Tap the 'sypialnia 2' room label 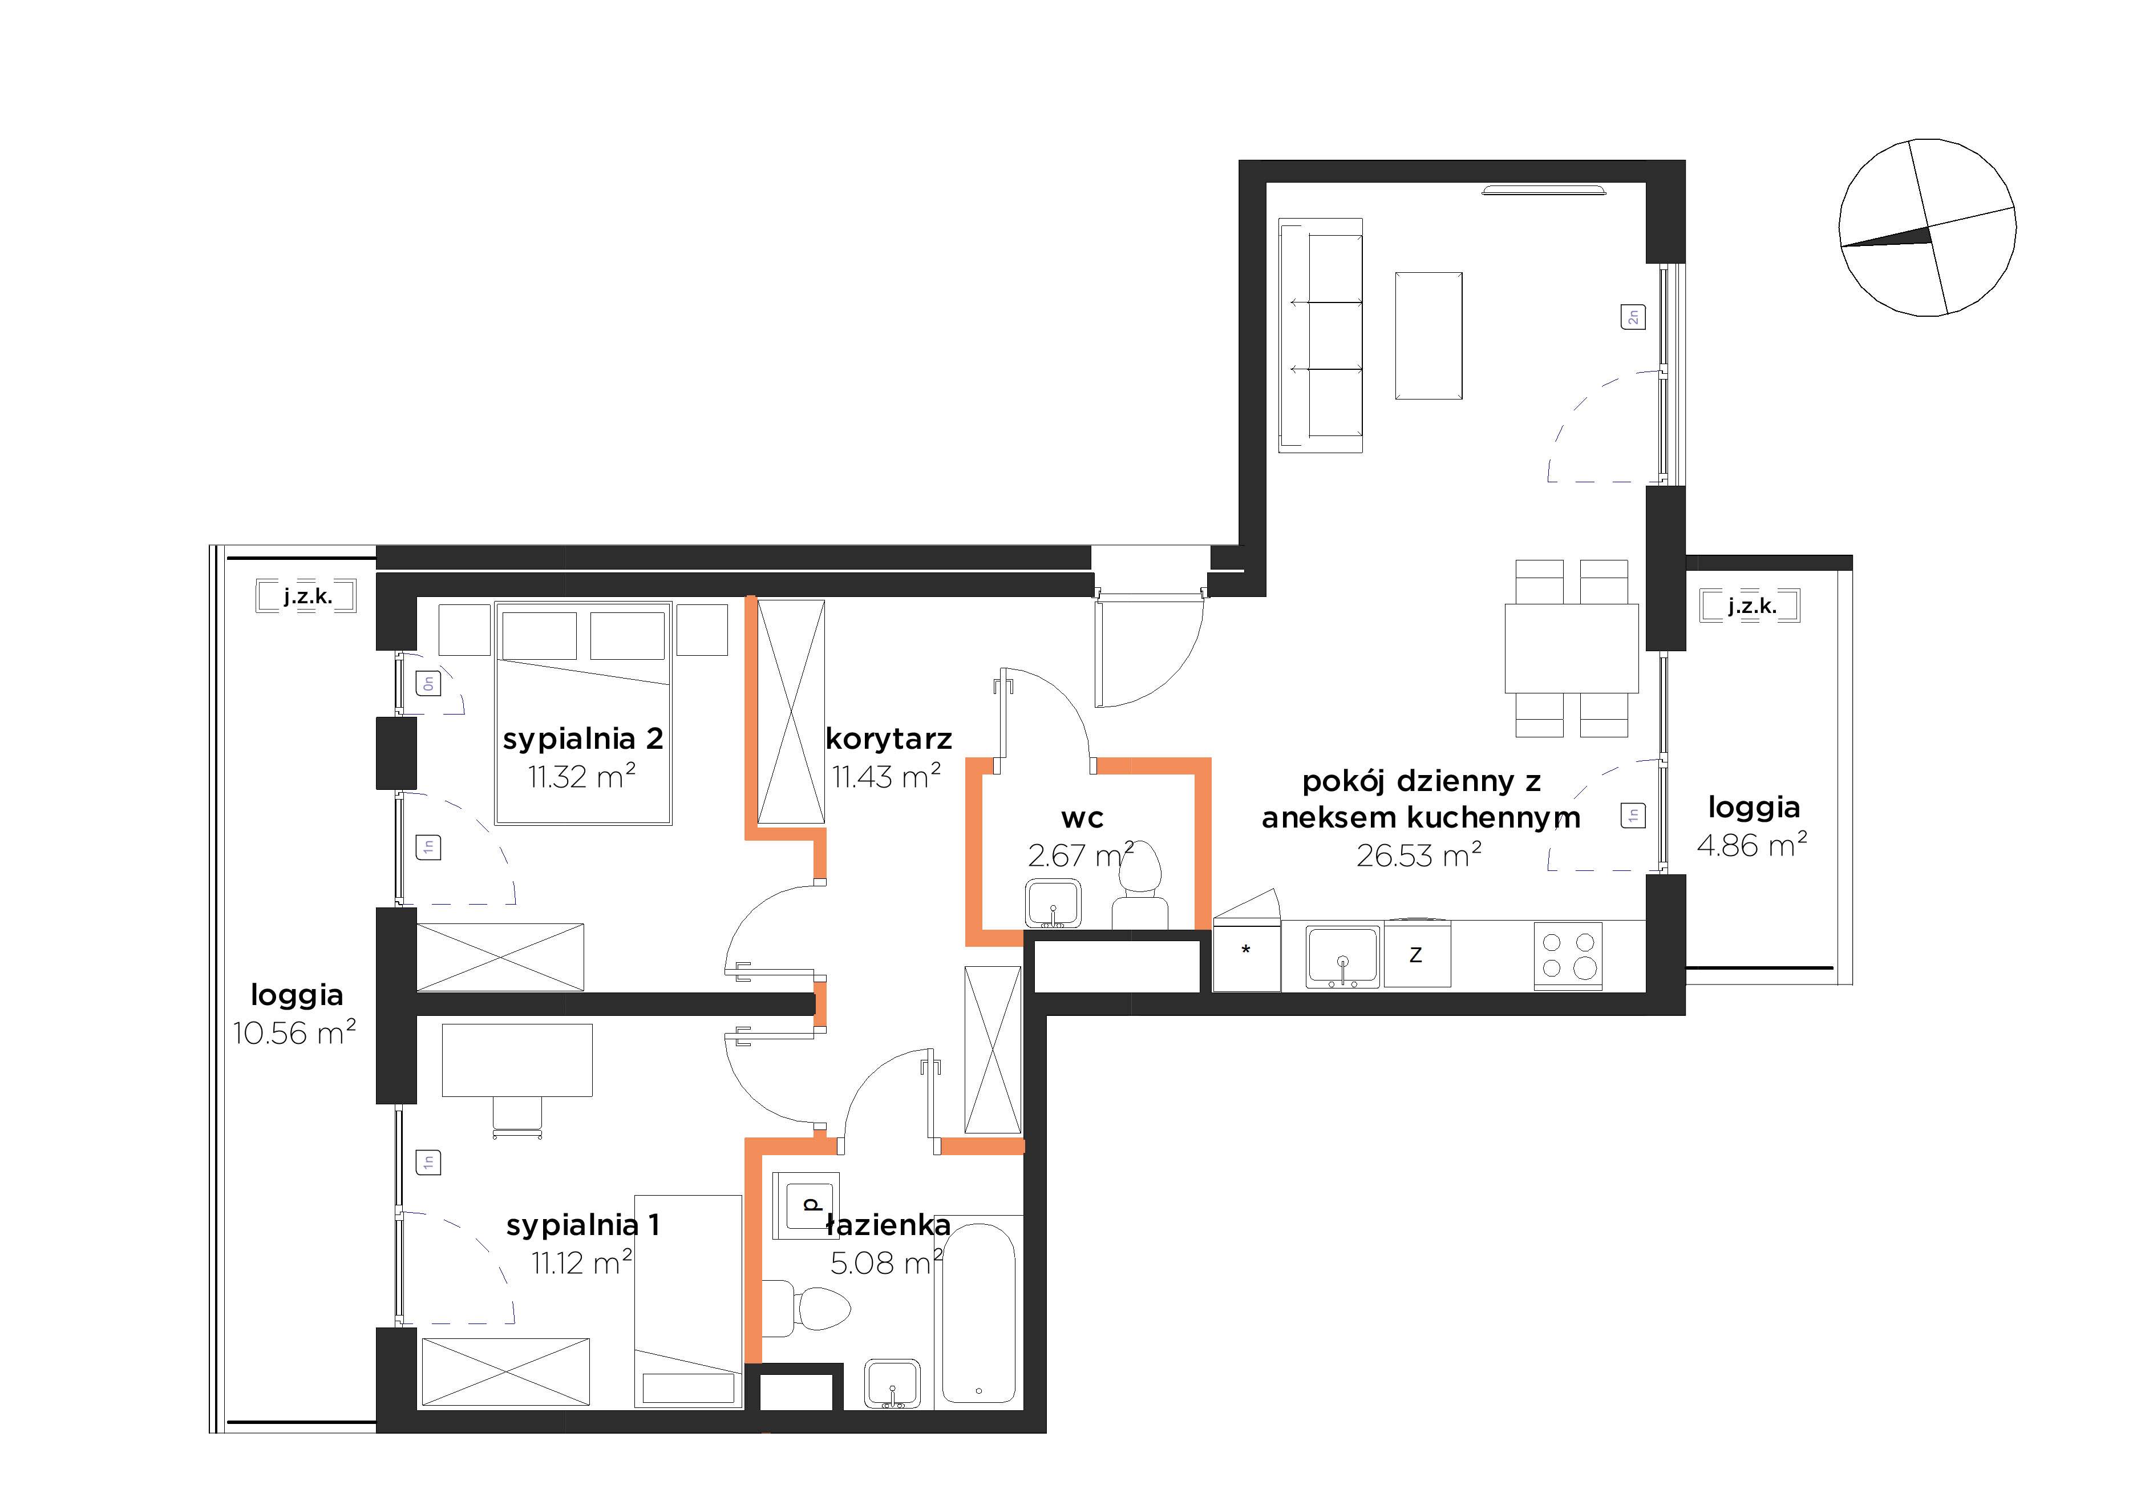point(582,739)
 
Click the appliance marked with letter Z point(1417,954)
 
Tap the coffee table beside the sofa point(1428,336)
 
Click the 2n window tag point(1633,317)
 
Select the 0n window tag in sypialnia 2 point(428,684)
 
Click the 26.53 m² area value point(1419,854)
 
